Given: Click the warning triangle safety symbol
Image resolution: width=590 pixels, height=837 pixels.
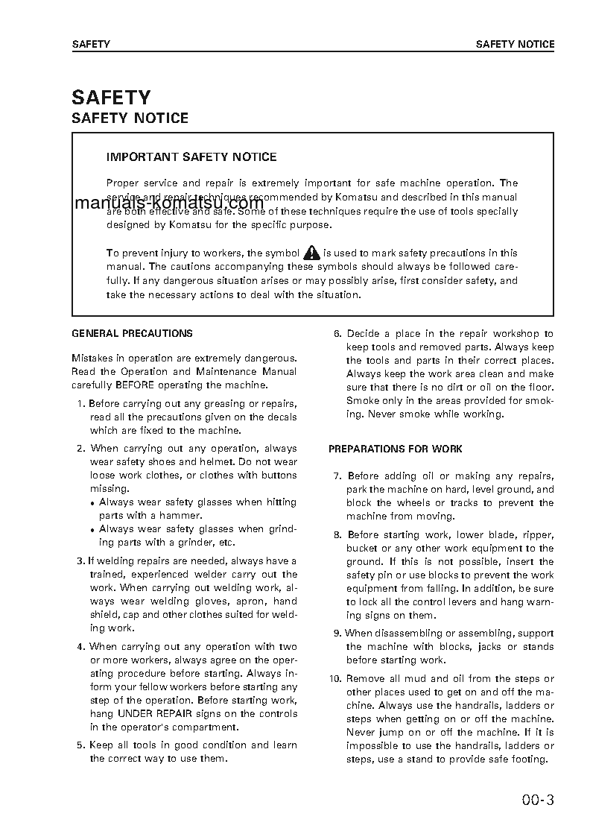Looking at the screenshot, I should pos(311,253).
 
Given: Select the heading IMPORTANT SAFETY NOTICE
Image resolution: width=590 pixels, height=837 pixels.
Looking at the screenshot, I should pos(191,157).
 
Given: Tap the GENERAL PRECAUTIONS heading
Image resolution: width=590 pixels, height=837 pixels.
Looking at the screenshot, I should pos(132,334).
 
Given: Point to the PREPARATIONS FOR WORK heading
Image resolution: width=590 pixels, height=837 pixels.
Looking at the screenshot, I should pos(396,449).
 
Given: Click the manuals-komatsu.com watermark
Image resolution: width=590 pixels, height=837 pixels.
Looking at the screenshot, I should pos(170,203).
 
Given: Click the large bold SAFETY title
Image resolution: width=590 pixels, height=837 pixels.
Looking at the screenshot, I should pos(111,98).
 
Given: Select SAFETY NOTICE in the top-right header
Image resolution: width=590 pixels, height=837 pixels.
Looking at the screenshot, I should pos(515,44).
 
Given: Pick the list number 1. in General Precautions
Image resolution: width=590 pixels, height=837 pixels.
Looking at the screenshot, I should pos(82,404).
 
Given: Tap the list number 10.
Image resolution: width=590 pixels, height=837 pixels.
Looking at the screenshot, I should pos(334,678).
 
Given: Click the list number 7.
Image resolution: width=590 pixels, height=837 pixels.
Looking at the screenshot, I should pos(337,476).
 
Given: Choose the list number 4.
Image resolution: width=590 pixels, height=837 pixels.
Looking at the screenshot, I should pos(82,647).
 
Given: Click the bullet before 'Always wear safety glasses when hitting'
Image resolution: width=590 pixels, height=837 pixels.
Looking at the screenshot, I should pos(92,503).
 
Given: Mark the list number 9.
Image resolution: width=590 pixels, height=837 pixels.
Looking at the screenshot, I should pos(337,633).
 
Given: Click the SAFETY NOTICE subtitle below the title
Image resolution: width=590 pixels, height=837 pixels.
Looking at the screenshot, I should pos(130,119).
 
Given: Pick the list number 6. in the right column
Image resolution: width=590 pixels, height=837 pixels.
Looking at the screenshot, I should pos(337,334).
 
